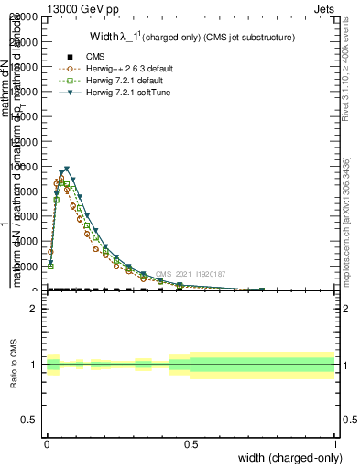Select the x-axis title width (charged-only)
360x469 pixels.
coord(287,457)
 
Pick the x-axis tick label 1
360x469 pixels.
coord(334,442)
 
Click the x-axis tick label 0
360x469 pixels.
coord(46,442)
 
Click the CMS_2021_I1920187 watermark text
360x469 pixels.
coord(191,274)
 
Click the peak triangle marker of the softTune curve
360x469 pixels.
coord(67,169)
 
